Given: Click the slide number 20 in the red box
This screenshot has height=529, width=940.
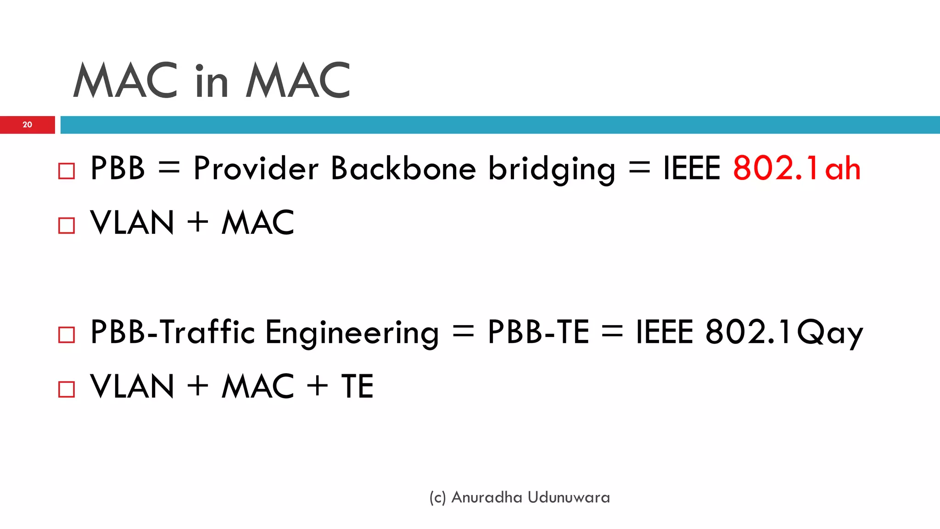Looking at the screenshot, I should tap(28, 124).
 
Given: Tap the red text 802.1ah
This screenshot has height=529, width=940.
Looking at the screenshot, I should tap(796, 168).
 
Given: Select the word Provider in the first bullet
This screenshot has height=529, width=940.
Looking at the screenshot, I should tap(256, 168).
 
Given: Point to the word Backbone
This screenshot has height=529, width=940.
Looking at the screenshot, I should tap(403, 168).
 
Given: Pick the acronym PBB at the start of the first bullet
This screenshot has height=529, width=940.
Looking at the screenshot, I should tap(118, 168).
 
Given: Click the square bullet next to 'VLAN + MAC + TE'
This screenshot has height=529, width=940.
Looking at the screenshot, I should tap(67, 389).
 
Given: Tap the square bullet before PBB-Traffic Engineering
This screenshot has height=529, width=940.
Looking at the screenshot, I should tap(67, 335).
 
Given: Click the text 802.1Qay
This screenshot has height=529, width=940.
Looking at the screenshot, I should tap(784, 332).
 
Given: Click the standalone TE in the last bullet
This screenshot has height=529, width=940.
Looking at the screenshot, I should tap(357, 387).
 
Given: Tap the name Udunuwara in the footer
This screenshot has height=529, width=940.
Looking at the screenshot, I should tap(569, 497).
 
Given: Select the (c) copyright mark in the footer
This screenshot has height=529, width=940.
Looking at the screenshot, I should tap(437, 498).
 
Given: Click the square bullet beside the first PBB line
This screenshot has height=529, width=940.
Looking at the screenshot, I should tap(67, 171).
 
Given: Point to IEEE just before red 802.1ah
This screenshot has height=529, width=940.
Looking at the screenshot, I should tap(692, 168).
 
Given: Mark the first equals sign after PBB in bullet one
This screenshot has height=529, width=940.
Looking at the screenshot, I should tap(169, 168).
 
